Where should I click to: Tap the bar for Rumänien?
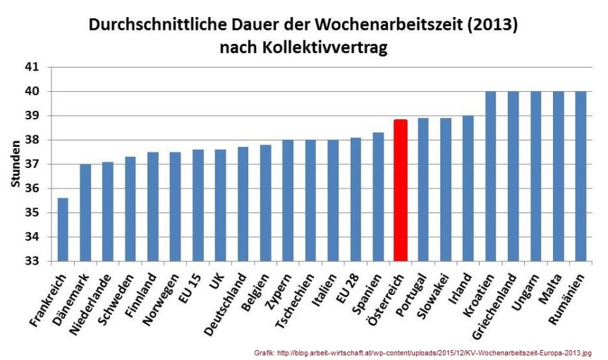pyautogui.click(x=580, y=176)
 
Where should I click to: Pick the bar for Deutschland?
pyautogui.click(x=243, y=204)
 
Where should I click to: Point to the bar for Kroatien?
pyautogui.click(x=490, y=176)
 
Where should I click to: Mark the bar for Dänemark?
pyautogui.click(x=85, y=212)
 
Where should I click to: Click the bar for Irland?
pyautogui.click(x=468, y=188)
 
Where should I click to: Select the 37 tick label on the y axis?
pyautogui.click(x=34, y=164)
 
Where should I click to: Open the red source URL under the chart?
pyautogui.click(x=422, y=352)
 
